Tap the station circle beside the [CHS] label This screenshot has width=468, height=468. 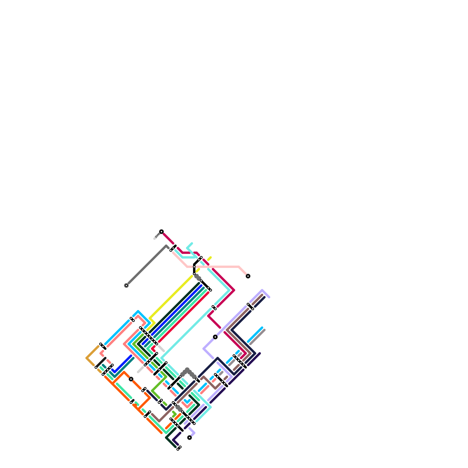tap(161, 232)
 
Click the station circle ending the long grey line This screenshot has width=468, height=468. tap(126, 285)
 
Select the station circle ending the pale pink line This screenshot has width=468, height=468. tap(248, 276)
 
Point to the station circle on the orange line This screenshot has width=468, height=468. tap(131, 379)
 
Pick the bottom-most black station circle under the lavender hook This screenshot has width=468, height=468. tap(190, 438)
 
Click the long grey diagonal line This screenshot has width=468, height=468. tap(146, 266)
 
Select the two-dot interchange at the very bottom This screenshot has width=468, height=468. tap(179, 448)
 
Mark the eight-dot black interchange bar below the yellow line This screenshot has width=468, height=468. tap(149, 336)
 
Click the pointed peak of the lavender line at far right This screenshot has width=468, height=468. tap(263, 290)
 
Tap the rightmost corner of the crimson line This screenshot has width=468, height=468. tap(234, 290)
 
